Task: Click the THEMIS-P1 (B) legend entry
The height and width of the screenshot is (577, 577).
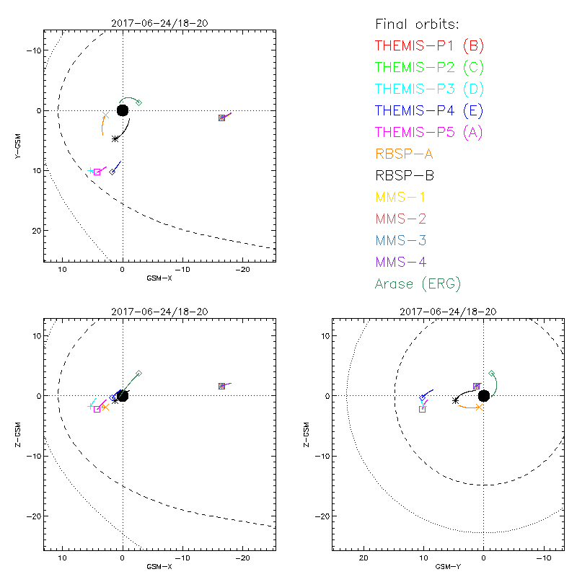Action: [429, 47]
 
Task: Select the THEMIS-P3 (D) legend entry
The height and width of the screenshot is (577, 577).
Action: [429, 89]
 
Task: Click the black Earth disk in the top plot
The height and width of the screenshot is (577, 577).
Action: [122, 110]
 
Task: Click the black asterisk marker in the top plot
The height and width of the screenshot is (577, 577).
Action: [115, 138]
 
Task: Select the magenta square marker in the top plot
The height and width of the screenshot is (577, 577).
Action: [97, 172]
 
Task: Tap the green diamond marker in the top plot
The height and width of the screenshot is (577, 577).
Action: [138, 102]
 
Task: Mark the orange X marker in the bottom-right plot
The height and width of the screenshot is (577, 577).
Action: [478, 408]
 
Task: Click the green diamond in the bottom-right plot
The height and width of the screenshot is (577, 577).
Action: [491, 374]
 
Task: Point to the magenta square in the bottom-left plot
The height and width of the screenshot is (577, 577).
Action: [97, 409]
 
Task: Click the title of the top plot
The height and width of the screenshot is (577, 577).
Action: [159, 23]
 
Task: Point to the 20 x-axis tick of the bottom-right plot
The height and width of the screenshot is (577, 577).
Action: [364, 558]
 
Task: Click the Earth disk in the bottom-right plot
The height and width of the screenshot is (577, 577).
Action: [483, 395]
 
